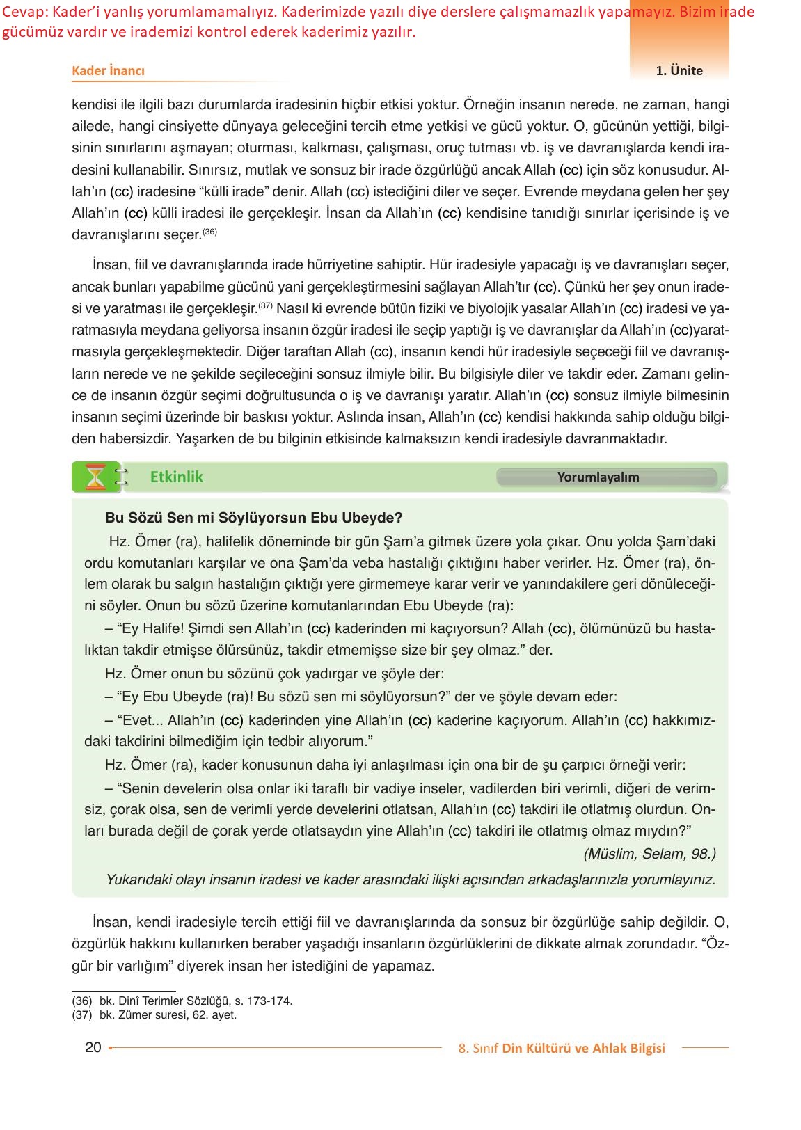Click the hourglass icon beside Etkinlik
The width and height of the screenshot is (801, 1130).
coord(95,477)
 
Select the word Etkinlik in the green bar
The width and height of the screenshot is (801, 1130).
coord(177,477)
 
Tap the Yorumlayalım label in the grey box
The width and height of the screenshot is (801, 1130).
coord(598,477)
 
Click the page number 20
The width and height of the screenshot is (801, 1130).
coord(93,1047)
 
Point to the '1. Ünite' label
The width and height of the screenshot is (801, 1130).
coord(679,70)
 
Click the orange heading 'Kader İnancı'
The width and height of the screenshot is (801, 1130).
coord(108,70)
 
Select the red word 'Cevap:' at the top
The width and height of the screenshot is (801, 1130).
coord(24,12)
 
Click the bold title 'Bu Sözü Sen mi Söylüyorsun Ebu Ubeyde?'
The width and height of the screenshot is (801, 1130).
coord(253,518)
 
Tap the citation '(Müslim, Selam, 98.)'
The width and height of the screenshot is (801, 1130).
coord(649,854)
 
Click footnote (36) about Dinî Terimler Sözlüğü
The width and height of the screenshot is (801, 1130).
coord(182,1001)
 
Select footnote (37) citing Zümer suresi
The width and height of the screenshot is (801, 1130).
coord(154,1014)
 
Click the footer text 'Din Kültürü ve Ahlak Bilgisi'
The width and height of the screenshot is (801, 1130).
coord(583,1048)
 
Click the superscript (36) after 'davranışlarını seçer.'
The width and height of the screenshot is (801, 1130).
coord(210,232)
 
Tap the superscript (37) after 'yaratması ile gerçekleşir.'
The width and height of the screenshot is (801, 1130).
coord(265,305)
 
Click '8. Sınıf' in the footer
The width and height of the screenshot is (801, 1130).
coord(478,1048)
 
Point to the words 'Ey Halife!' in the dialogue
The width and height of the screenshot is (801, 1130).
coord(152,628)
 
